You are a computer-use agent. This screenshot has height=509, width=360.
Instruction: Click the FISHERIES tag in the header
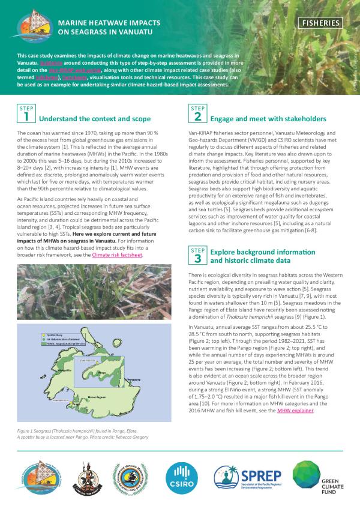click(322, 23)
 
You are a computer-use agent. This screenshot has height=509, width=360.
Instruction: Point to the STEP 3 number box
click(198, 255)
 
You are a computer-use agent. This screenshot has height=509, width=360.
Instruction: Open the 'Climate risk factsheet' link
click(118, 255)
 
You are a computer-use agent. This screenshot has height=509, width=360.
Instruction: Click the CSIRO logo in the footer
click(181, 477)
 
